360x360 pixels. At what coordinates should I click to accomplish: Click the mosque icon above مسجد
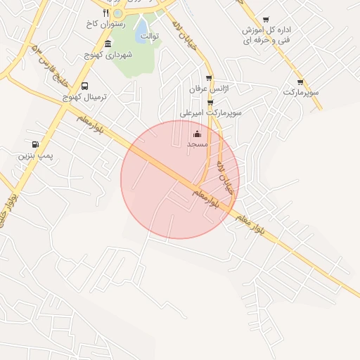tap(197, 134)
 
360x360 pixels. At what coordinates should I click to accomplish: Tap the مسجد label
tap(197, 144)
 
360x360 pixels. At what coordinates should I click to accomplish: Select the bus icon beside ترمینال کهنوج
tap(85, 86)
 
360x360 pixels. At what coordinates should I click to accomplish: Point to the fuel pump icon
tap(35, 143)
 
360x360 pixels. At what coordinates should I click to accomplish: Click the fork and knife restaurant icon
tap(106, 13)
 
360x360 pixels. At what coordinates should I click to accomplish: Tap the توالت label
tap(149, 35)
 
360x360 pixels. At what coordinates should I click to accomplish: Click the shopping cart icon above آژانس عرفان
tap(209, 78)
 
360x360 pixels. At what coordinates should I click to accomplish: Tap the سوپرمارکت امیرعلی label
tap(211, 112)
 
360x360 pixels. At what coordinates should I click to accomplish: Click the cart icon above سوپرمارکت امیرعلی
tap(210, 102)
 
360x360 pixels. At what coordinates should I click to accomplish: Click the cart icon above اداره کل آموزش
tap(265, 20)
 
